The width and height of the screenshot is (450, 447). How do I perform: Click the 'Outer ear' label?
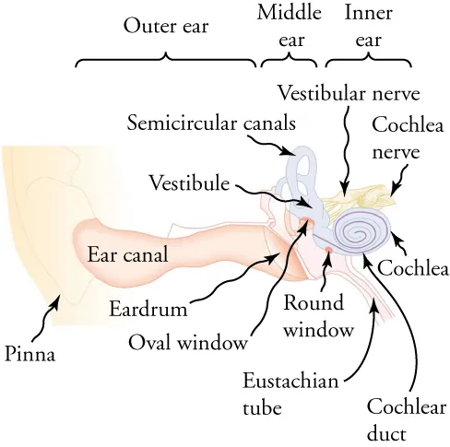pyautogui.click(x=166, y=26)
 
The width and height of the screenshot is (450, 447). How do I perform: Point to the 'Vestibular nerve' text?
pyautogui.click(x=349, y=93)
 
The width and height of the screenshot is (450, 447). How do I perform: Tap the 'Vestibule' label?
pyautogui.click(x=189, y=183)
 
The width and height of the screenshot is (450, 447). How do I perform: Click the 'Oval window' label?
pyautogui.click(x=188, y=343)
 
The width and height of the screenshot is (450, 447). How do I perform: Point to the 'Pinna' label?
pyautogui.click(x=29, y=353)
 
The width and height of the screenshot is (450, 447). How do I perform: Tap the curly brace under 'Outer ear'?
pyautogui.click(x=166, y=60)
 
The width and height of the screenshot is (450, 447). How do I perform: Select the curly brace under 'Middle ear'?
pyautogui.click(x=289, y=61)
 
